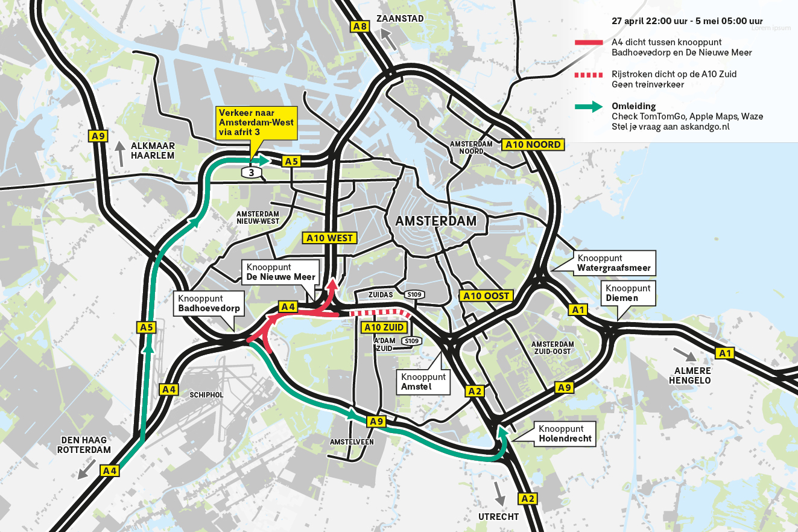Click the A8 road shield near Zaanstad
point(360,26)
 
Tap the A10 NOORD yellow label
point(533,145)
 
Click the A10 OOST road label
point(486,296)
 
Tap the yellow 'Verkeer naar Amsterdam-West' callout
point(257,123)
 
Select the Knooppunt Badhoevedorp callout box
point(208,304)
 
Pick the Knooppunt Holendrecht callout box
point(565,434)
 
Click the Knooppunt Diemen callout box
point(628,293)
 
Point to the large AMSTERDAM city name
point(435,221)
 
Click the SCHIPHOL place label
point(206,394)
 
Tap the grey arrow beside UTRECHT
point(499,493)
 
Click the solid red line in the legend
point(589,42)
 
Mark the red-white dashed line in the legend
point(589,74)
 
